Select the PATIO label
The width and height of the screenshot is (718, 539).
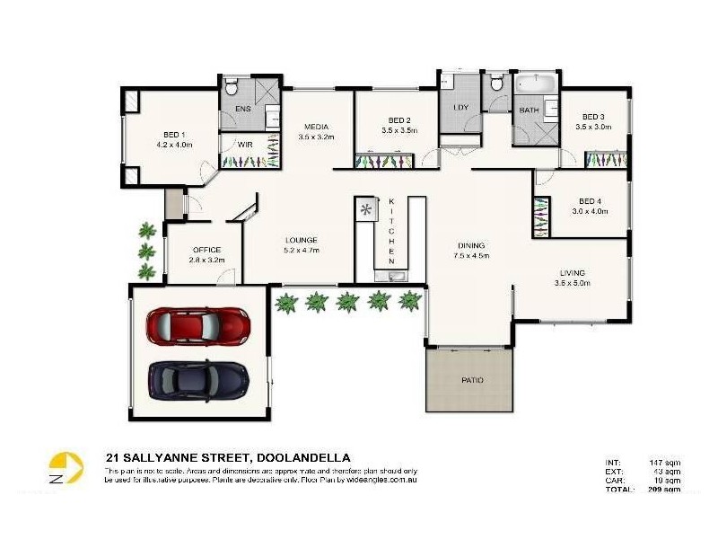coord(473,380)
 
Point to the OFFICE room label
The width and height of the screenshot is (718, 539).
coord(206,250)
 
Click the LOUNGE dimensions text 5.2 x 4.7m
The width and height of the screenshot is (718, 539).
coord(302,250)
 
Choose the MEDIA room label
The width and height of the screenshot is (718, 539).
coord(315,127)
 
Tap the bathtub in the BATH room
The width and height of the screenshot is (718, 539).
coord(537,86)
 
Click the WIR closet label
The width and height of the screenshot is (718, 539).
coord(244,145)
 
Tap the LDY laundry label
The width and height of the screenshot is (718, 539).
coord(461,108)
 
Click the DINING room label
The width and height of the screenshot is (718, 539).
coord(471,244)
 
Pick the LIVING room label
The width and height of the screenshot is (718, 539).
coord(572,272)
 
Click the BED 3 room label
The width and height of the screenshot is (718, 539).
coord(593,117)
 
